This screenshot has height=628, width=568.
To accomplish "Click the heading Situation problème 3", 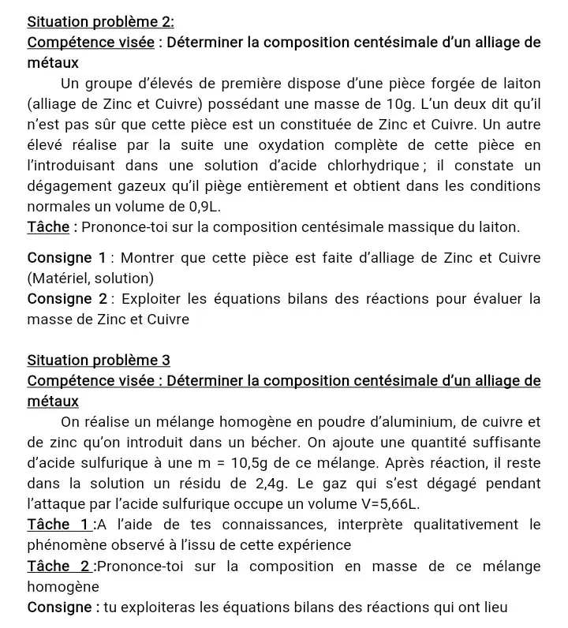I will pos(99,361).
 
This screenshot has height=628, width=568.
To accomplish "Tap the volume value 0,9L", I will pos(200,207).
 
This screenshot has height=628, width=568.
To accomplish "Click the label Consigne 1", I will pos(66,258).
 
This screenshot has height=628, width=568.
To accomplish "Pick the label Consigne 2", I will pos(67,299).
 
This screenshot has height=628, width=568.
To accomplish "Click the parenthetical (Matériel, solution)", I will pos(90,278).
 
